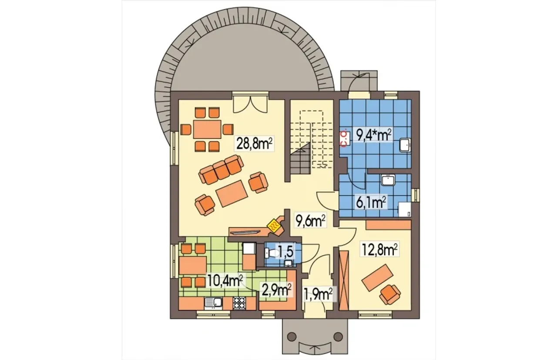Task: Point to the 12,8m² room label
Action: (379, 249)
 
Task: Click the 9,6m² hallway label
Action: (310, 220)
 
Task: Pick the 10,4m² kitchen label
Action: (225, 280)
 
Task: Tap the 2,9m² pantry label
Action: (275, 290)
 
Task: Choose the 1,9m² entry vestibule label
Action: (318, 294)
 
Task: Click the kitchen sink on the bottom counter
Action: (214, 303)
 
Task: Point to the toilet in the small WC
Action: (272, 253)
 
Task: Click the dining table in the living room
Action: (207, 129)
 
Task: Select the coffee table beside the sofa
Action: (232, 193)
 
